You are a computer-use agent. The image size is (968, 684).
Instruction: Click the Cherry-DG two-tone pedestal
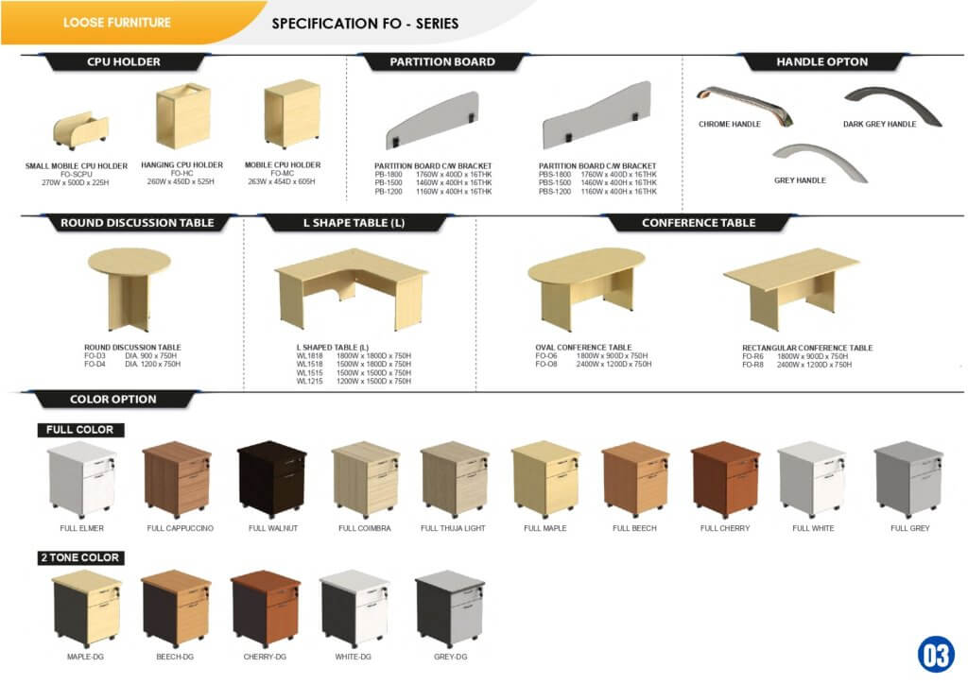click(x=266, y=608)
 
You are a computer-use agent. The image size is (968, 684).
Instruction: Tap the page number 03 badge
click(x=935, y=654)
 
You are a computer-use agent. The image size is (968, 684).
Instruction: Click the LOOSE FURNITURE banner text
click(x=117, y=22)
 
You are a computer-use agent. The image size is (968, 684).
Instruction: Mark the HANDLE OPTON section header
click(x=821, y=61)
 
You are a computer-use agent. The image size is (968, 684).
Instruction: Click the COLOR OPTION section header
click(x=113, y=399)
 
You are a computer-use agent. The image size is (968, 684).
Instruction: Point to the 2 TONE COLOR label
click(x=80, y=557)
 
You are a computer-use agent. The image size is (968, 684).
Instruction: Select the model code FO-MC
click(x=283, y=173)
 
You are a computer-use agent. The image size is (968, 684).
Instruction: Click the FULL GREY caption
click(x=910, y=528)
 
